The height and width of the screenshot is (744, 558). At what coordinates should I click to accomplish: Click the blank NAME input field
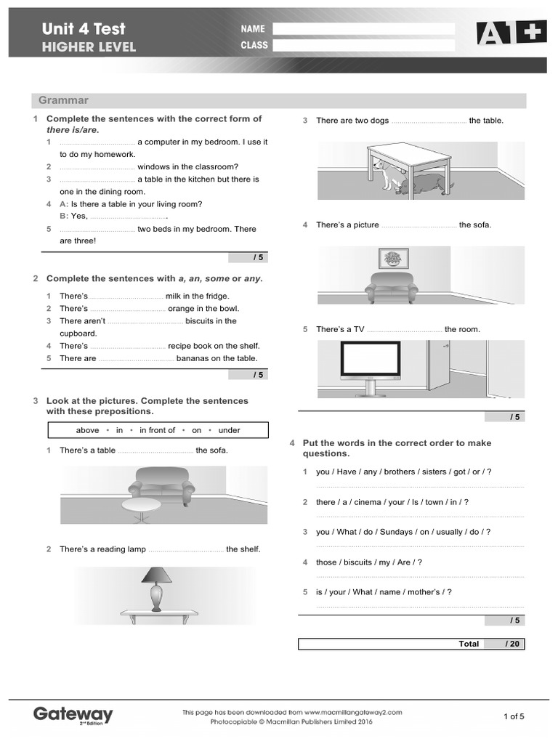click(x=363, y=29)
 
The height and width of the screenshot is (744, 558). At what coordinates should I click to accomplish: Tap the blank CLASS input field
click(x=363, y=45)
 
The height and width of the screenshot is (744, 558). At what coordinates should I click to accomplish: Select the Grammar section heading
click(x=64, y=100)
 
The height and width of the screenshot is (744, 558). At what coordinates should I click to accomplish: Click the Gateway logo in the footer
click(x=73, y=715)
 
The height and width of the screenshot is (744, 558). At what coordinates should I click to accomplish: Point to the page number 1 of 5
click(x=513, y=716)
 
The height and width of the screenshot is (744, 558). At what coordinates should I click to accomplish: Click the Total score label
click(x=469, y=644)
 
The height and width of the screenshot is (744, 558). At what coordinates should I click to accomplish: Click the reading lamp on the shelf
click(x=157, y=587)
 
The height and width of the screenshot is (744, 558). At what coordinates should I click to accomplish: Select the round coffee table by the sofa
click(x=142, y=506)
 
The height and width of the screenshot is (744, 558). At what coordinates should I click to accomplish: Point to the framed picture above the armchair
click(x=393, y=258)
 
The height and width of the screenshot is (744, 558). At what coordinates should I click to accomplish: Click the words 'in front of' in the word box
click(x=157, y=430)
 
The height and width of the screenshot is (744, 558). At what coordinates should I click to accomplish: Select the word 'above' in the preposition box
click(x=87, y=430)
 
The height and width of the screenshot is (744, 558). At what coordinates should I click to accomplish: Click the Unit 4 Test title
click(x=84, y=29)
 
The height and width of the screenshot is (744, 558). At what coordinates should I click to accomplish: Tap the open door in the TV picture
click(x=439, y=365)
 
